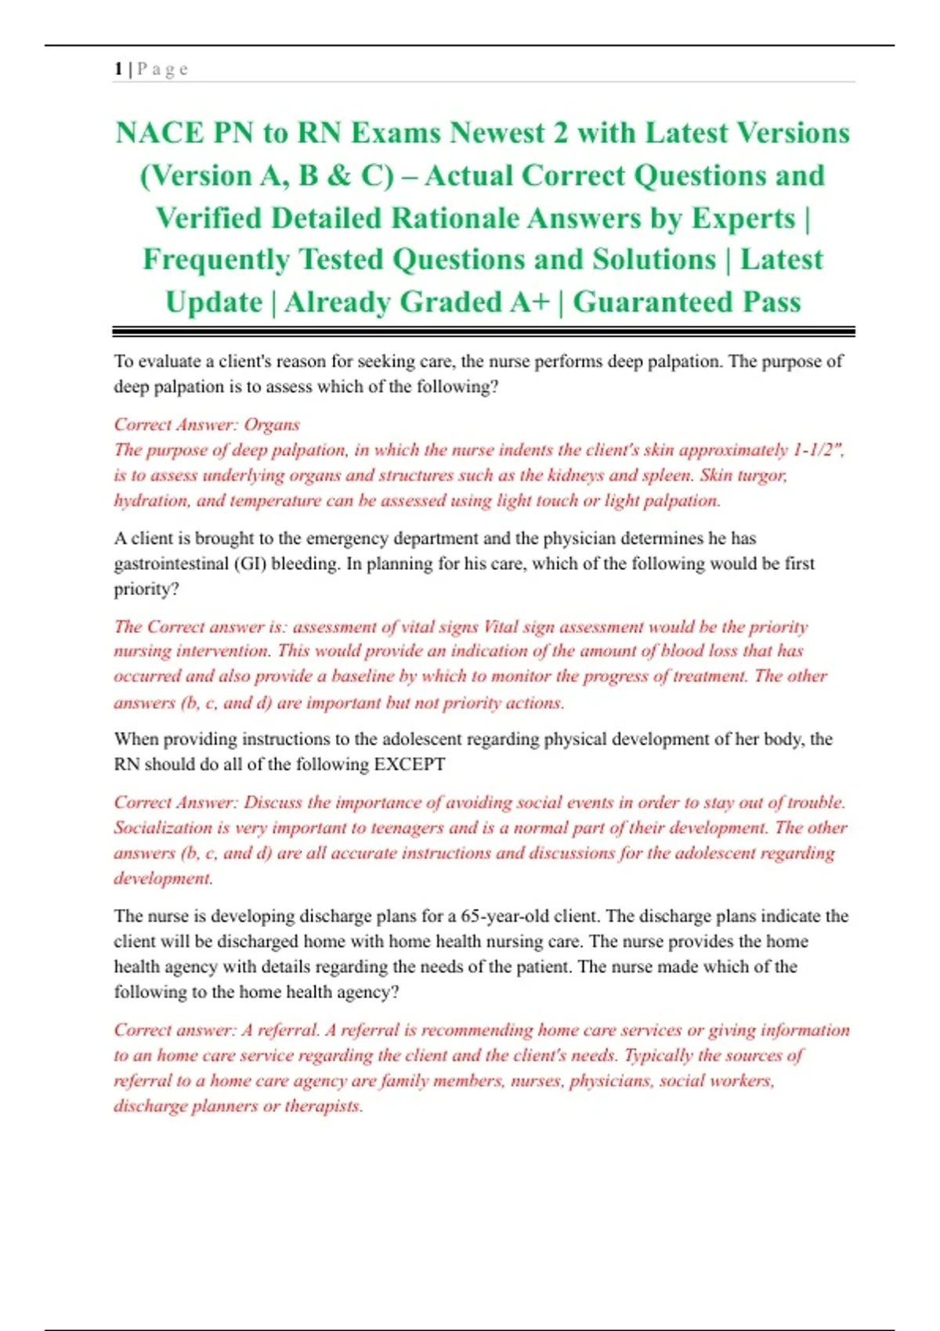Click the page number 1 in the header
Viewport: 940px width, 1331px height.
[x=117, y=69]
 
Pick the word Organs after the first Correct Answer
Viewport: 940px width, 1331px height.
[x=272, y=424]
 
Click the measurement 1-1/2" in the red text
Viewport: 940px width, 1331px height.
[x=818, y=449]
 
